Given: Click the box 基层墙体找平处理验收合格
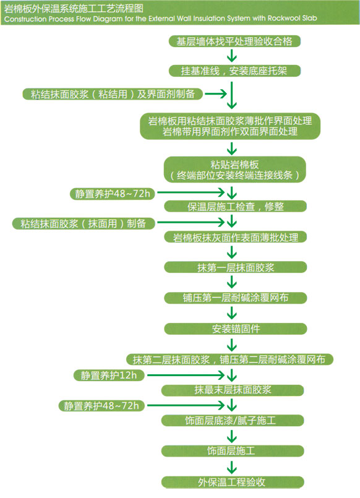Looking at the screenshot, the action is tap(234, 41).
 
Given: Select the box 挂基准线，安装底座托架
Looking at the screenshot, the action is tap(234, 71).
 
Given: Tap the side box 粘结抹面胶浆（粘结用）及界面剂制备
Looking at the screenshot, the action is tap(113, 94).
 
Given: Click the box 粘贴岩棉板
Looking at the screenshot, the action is tap(235, 170).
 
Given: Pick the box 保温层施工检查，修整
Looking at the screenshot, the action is tap(235, 207).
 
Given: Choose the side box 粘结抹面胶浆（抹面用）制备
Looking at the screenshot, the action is tap(84, 223).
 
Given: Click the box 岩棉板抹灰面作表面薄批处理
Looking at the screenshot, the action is tap(235, 238).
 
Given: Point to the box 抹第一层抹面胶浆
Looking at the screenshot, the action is tap(235, 267).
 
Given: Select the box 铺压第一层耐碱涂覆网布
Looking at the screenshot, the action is tap(235, 298).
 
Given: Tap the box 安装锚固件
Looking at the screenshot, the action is tap(235, 328).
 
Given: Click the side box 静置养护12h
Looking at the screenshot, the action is tap(109, 376).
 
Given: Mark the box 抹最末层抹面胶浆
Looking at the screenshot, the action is tap(233, 390).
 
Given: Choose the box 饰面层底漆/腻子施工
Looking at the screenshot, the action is tap(233, 421).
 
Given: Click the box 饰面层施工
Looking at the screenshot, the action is tap(233, 451).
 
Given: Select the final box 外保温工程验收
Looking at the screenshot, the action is tap(233, 482).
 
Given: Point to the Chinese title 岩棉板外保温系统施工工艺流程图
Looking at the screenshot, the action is tap(74, 8).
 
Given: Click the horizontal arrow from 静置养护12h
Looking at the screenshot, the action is tap(186, 376).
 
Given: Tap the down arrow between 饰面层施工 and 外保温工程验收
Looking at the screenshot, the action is tap(232, 467).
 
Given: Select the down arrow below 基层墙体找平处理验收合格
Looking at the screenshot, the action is tap(232, 56).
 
